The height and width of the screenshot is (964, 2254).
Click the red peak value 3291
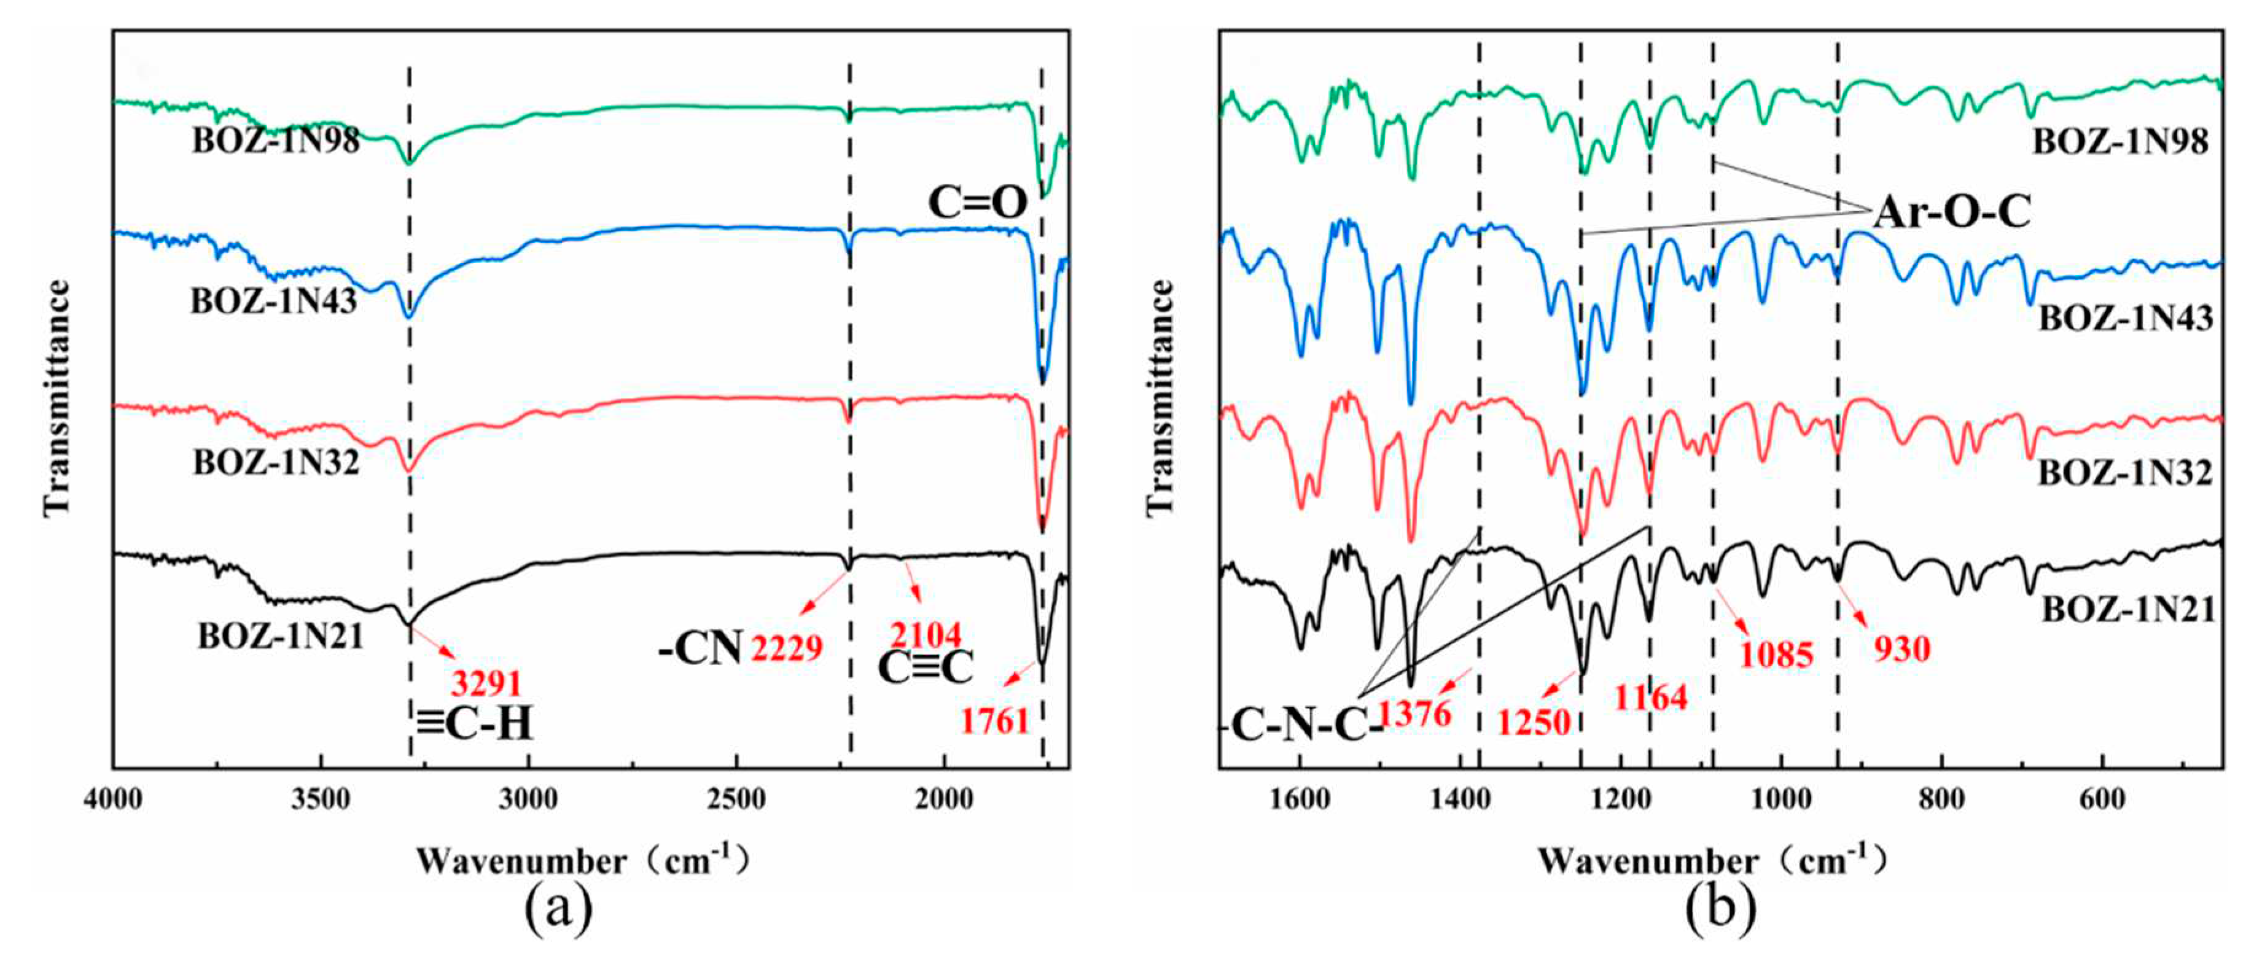pos(486,683)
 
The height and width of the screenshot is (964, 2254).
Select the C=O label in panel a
pos(977,203)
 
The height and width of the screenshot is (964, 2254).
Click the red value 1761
pos(995,721)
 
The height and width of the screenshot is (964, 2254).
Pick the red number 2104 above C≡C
pos(926,635)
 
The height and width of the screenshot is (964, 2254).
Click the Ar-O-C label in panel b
pos(1952,212)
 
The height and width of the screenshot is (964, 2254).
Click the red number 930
pos(1902,649)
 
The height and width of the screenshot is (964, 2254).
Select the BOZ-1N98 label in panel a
pos(276,141)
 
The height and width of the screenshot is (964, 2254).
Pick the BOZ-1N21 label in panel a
pos(280,637)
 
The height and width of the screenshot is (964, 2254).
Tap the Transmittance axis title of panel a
pos(56,398)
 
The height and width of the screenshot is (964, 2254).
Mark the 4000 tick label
pos(113,799)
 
